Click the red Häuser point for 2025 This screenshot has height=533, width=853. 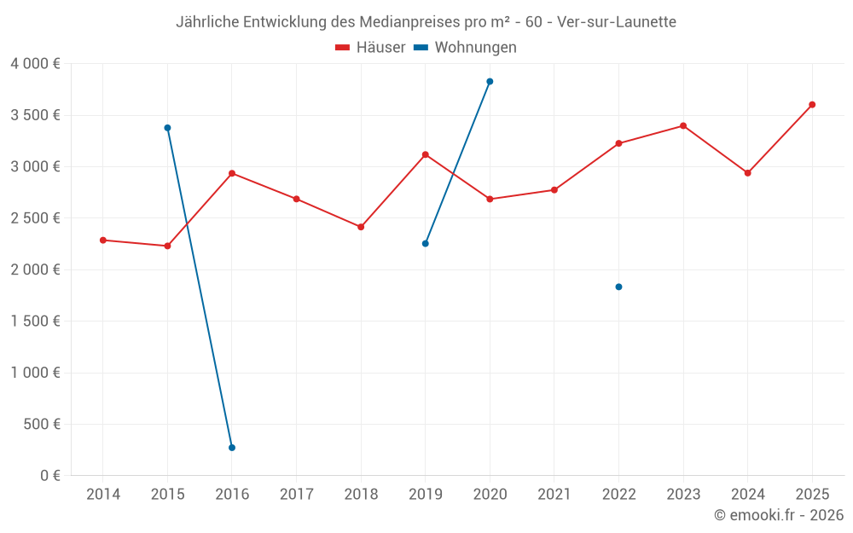tap(812, 105)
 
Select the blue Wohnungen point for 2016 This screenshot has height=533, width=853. tap(232, 448)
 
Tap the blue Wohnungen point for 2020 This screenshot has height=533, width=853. tap(490, 82)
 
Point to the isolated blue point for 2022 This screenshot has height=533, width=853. tap(618, 287)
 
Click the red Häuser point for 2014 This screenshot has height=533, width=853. tap(103, 240)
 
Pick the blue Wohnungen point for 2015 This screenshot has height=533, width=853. tap(167, 128)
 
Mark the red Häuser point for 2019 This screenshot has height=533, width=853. tap(426, 154)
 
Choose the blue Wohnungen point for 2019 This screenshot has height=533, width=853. tap(426, 244)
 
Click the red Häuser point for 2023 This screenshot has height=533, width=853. tap(683, 126)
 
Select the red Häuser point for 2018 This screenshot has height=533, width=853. tap(361, 227)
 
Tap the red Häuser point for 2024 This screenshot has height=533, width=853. tap(748, 173)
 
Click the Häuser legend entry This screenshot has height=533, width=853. tap(370, 48)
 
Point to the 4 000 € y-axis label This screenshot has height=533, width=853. tap(35, 64)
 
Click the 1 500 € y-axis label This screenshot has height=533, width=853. tap(35, 322)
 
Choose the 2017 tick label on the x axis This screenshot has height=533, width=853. tap(296, 495)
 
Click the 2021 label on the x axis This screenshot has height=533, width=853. tap(554, 495)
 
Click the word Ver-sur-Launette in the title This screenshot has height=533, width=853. tap(617, 22)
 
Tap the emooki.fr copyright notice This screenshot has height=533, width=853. tap(779, 515)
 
